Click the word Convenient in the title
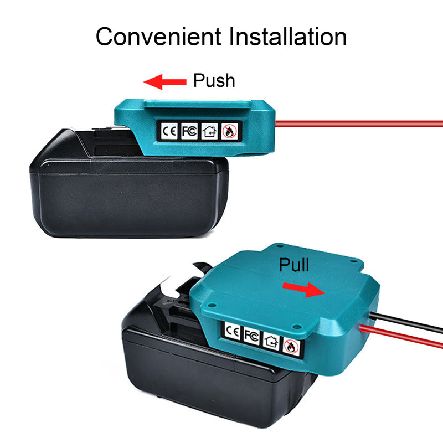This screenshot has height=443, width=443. tap(158, 37)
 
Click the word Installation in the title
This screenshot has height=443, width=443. tap(287, 37)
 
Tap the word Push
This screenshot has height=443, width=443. tap(214, 80)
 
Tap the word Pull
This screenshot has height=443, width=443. tap(294, 265)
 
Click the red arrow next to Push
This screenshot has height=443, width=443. tap(165, 82)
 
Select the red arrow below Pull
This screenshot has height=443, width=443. tap(304, 290)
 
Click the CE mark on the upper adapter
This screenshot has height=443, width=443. tap(169, 131)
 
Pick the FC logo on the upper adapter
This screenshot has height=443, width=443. tap(189, 131)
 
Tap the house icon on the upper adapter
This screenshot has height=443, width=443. tap(209, 131)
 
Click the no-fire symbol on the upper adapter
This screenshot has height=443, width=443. tap(229, 132)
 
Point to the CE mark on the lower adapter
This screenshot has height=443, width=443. tap(233, 331)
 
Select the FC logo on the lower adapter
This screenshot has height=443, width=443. tap(251, 336)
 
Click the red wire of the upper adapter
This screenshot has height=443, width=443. tap(359, 123)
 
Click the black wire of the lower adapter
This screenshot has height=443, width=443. tap(406, 322)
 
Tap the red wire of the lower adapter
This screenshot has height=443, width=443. tap(401, 337)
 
